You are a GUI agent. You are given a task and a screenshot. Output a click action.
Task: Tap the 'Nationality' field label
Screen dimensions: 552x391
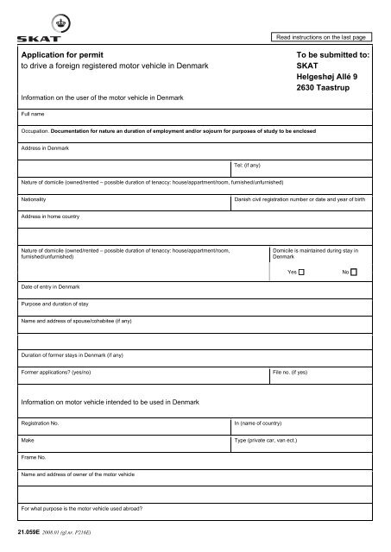tap(37, 198)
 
